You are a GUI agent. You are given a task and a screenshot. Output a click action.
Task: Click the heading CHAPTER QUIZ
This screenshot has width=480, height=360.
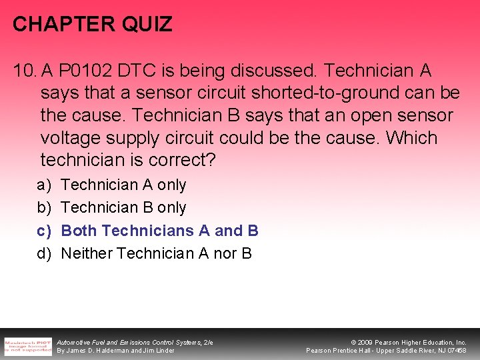[x=93, y=25]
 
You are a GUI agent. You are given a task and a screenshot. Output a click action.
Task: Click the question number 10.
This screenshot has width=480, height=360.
[x=24, y=70]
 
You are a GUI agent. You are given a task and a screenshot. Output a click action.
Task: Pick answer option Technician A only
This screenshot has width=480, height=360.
[x=123, y=185]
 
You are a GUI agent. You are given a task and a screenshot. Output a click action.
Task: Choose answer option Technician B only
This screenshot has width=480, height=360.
[x=123, y=207]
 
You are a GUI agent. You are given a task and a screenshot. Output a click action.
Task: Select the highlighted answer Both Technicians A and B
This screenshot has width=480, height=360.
[x=159, y=231]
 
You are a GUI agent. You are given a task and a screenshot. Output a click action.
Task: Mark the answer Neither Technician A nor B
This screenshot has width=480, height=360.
[x=156, y=253]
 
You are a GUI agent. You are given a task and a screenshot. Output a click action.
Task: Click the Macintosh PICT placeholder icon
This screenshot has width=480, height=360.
[x=27, y=345]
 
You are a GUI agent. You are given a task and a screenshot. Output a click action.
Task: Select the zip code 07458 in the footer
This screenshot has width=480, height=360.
[x=456, y=351]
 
